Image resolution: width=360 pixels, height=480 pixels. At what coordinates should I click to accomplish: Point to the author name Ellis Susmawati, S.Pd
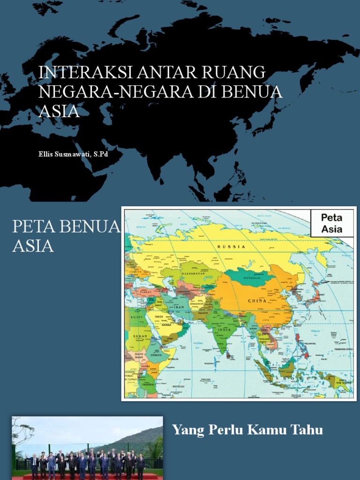coord(73,154)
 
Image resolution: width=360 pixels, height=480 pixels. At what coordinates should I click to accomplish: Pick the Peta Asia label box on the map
coord(332,224)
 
